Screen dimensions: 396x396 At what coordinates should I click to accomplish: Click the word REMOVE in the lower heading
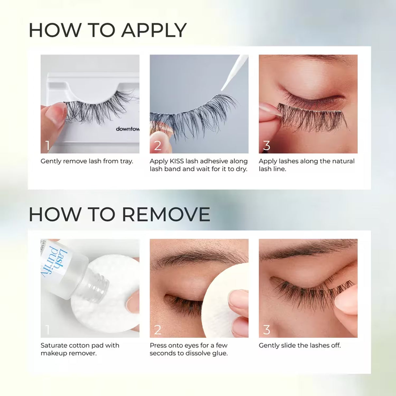click(x=166, y=215)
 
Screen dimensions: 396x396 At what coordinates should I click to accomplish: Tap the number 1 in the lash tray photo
click(x=48, y=145)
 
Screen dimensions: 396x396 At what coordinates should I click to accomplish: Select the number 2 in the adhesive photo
click(x=158, y=145)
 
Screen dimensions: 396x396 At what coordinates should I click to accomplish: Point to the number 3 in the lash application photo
click(x=267, y=145)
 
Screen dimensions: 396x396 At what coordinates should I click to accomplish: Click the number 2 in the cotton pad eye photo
click(x=158, y=330)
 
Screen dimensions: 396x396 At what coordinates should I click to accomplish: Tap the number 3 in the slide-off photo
click(x=267, y=330)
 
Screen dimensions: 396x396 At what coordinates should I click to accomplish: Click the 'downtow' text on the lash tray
click(x=128, y=129)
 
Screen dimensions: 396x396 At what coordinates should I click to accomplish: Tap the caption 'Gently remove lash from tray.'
click(x=87, y=161)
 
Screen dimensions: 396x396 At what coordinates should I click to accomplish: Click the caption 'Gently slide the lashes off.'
click(x=299, y=345)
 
